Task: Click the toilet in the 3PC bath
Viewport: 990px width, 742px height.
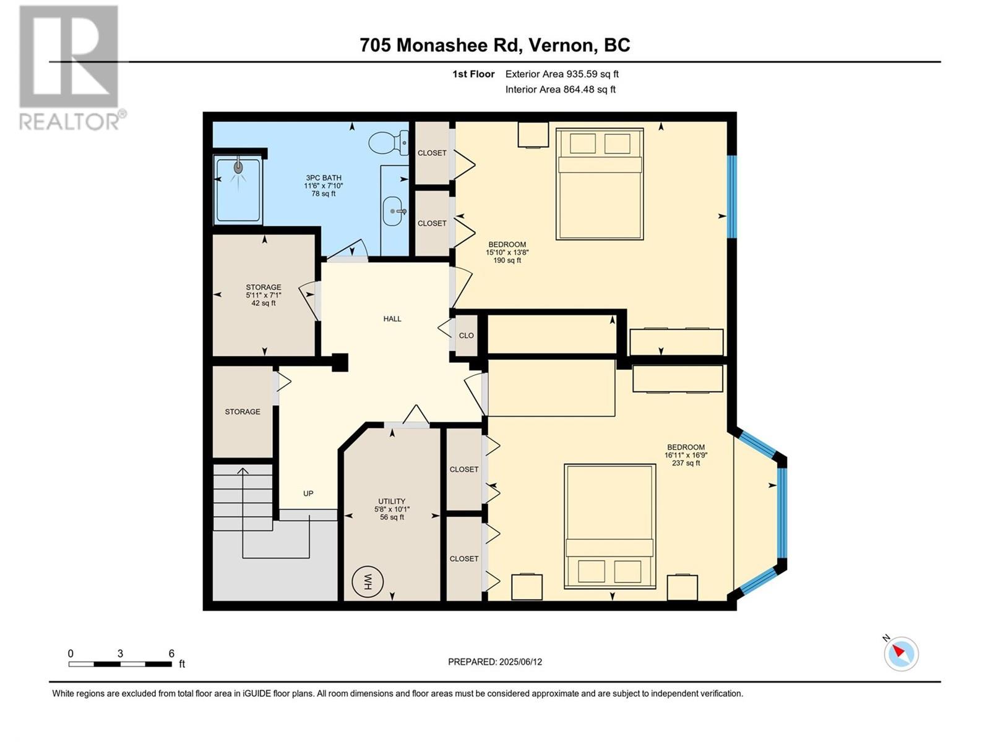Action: pyautogui.click(x=389, y=143)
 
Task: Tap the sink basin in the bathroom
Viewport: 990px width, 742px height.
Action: pyautogui.click(x=394, y=211)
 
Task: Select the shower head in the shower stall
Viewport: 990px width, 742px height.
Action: pyautogui.click(x=238, y=167)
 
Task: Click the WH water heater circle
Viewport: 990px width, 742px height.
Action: pyautogui.click(x=367, y=582)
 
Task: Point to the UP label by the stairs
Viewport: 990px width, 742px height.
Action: pyautogui.click(x=308, y=493)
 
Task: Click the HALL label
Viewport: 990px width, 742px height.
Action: pyautogui.click(x=392, y=319)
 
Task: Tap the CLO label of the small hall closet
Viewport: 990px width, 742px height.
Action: pyautogui.click(x=467, y=336)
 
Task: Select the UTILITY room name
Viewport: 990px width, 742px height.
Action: pyautogui.click(x=392, y=501)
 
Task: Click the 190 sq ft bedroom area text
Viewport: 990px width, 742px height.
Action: pyautogui.click(x=507, y=260)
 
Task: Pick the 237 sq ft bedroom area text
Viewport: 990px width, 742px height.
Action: pyautogui.click(x=686, y=463)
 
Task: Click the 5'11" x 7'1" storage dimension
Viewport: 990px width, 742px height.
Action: pyautogui.click(x=264, y=295)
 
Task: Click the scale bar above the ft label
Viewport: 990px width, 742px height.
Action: pyautogui.click(x=121, y=664)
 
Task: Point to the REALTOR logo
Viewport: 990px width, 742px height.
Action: pyautogui.click(x=69, y=68)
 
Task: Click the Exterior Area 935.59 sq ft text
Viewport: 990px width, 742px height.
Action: pyautogui.click(x=562, y=74)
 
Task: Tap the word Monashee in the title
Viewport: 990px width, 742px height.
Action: pyautogui.click(x=442, y=45)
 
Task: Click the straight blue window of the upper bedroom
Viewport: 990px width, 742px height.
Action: pyautogui.click(x=732, y=197)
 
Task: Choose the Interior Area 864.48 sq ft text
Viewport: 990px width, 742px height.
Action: pyautogui.click(x=560, y=89)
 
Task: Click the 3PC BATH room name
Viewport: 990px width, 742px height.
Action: pyautogui.click(x=323, y=177)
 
